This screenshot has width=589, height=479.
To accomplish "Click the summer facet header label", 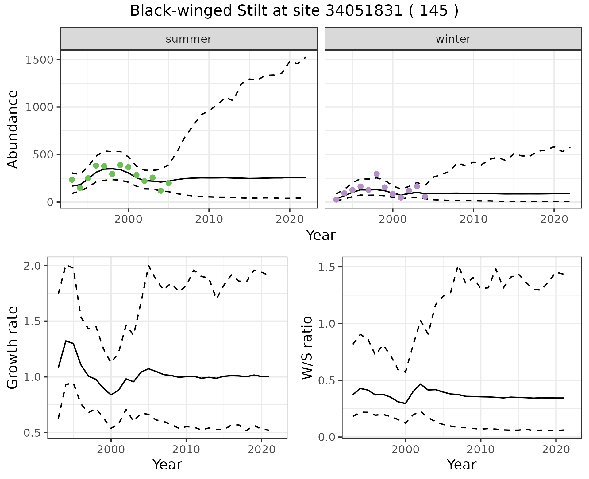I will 189,39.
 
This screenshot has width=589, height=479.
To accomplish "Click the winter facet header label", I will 453,39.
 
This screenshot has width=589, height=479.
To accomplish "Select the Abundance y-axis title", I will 13,129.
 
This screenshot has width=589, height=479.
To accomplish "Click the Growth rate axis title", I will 13,348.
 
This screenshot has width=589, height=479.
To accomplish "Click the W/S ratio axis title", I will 307,348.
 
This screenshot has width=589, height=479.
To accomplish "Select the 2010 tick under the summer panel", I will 209,219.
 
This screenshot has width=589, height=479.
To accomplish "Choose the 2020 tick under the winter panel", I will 554,219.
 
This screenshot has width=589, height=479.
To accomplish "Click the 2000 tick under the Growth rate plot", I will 111,450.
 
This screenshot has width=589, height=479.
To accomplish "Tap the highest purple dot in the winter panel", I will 377,174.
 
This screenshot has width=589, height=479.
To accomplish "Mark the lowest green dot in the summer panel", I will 160,191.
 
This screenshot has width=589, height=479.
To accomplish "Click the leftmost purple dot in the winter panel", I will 336,200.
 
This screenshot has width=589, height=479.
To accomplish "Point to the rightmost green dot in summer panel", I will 168,183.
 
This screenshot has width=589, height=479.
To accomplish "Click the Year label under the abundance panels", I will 321,236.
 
